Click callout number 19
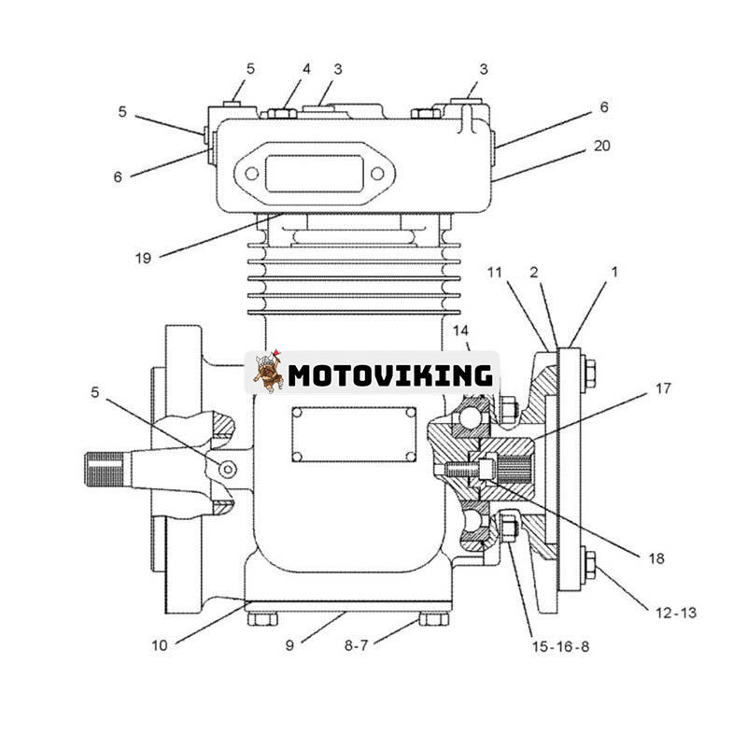pos(142,258)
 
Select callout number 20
pos(603,146)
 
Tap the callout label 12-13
pos(675,613)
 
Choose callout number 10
pos(160,644)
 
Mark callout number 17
pos(662,388)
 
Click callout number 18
pos(655,558)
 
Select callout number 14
pos(461,331)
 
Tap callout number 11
pos(494,272)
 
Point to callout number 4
pos(305,69)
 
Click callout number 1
pos(614,272)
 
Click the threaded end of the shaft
pos(105,469)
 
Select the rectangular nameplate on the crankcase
pos(353,433)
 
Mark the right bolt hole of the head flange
pos(376,173)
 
